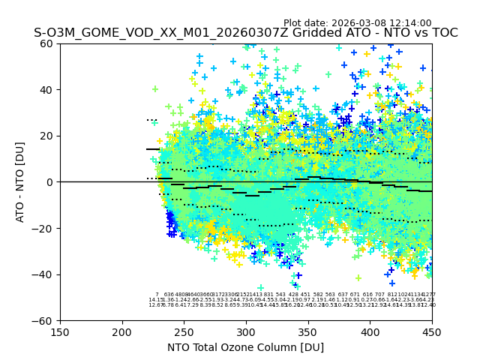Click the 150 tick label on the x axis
coord(60,332)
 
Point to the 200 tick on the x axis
coord(122,332)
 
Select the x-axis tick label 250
coord(184,332)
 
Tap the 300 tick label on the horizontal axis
coord(246,332)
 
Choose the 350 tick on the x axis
coord(308,332)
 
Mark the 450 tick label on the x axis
coord(431,332)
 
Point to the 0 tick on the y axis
coord(51,182)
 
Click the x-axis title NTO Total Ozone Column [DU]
coord(245,347)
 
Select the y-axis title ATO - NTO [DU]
coord(20,182)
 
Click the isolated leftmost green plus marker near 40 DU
coord(155,89)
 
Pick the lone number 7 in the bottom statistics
coord(157,295)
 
